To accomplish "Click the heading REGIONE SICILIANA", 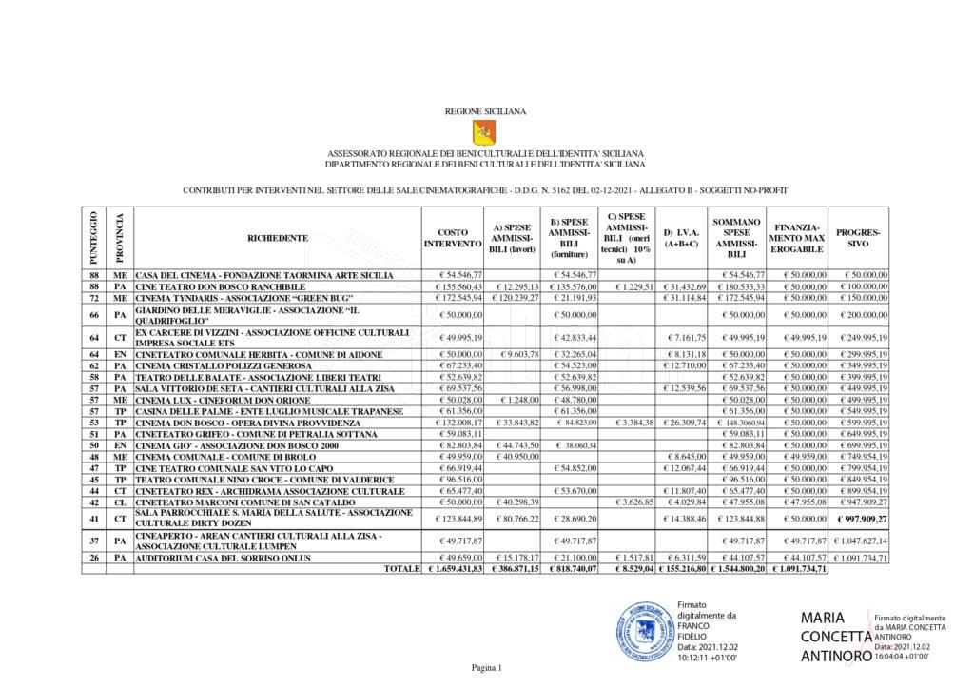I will click(x=485, y=111).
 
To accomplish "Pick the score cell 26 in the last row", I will click(x=94, y=557).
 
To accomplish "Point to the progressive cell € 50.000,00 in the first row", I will click(x=861, y=274).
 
